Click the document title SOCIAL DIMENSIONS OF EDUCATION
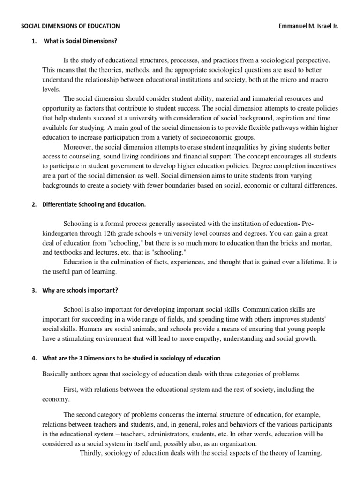70,26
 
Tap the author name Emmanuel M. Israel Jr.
308,26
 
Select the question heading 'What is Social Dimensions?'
80,41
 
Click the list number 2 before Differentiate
34,204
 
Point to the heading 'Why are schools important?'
81,290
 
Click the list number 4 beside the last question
34,359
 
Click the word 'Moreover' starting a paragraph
78,147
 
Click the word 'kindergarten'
61,233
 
